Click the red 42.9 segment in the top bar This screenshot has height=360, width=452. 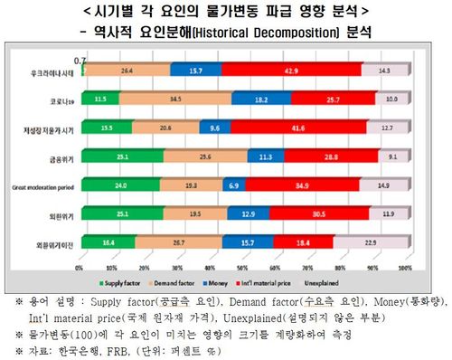coord(292,70)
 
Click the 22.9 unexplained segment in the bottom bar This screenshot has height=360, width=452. coord(369,242)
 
